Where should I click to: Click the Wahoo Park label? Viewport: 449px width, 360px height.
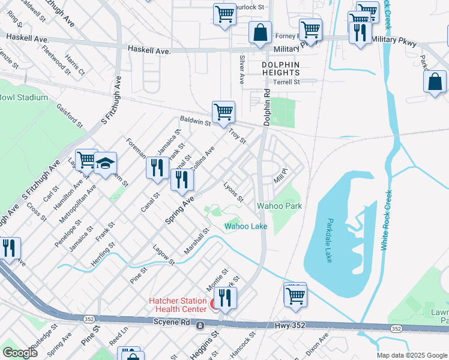coord(279,206)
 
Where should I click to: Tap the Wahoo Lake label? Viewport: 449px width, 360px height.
coord(246,226)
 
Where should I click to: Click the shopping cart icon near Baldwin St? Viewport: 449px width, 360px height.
coord(223,111)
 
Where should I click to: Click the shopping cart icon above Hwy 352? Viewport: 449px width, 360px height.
coord(295,295)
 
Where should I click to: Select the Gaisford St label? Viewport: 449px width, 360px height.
coord(70,114)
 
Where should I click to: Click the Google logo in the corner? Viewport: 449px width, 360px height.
coord(20,353)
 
